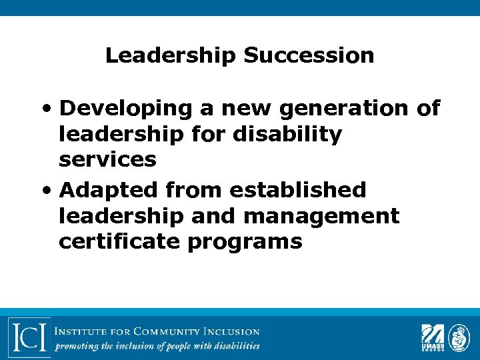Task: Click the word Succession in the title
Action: click(309, 55)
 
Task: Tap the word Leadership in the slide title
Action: click(171, 55)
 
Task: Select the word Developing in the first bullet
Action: click(125, 108)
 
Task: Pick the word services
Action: click(107, 160)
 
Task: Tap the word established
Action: click(298, 190)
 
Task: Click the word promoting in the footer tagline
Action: click(78, 345)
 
